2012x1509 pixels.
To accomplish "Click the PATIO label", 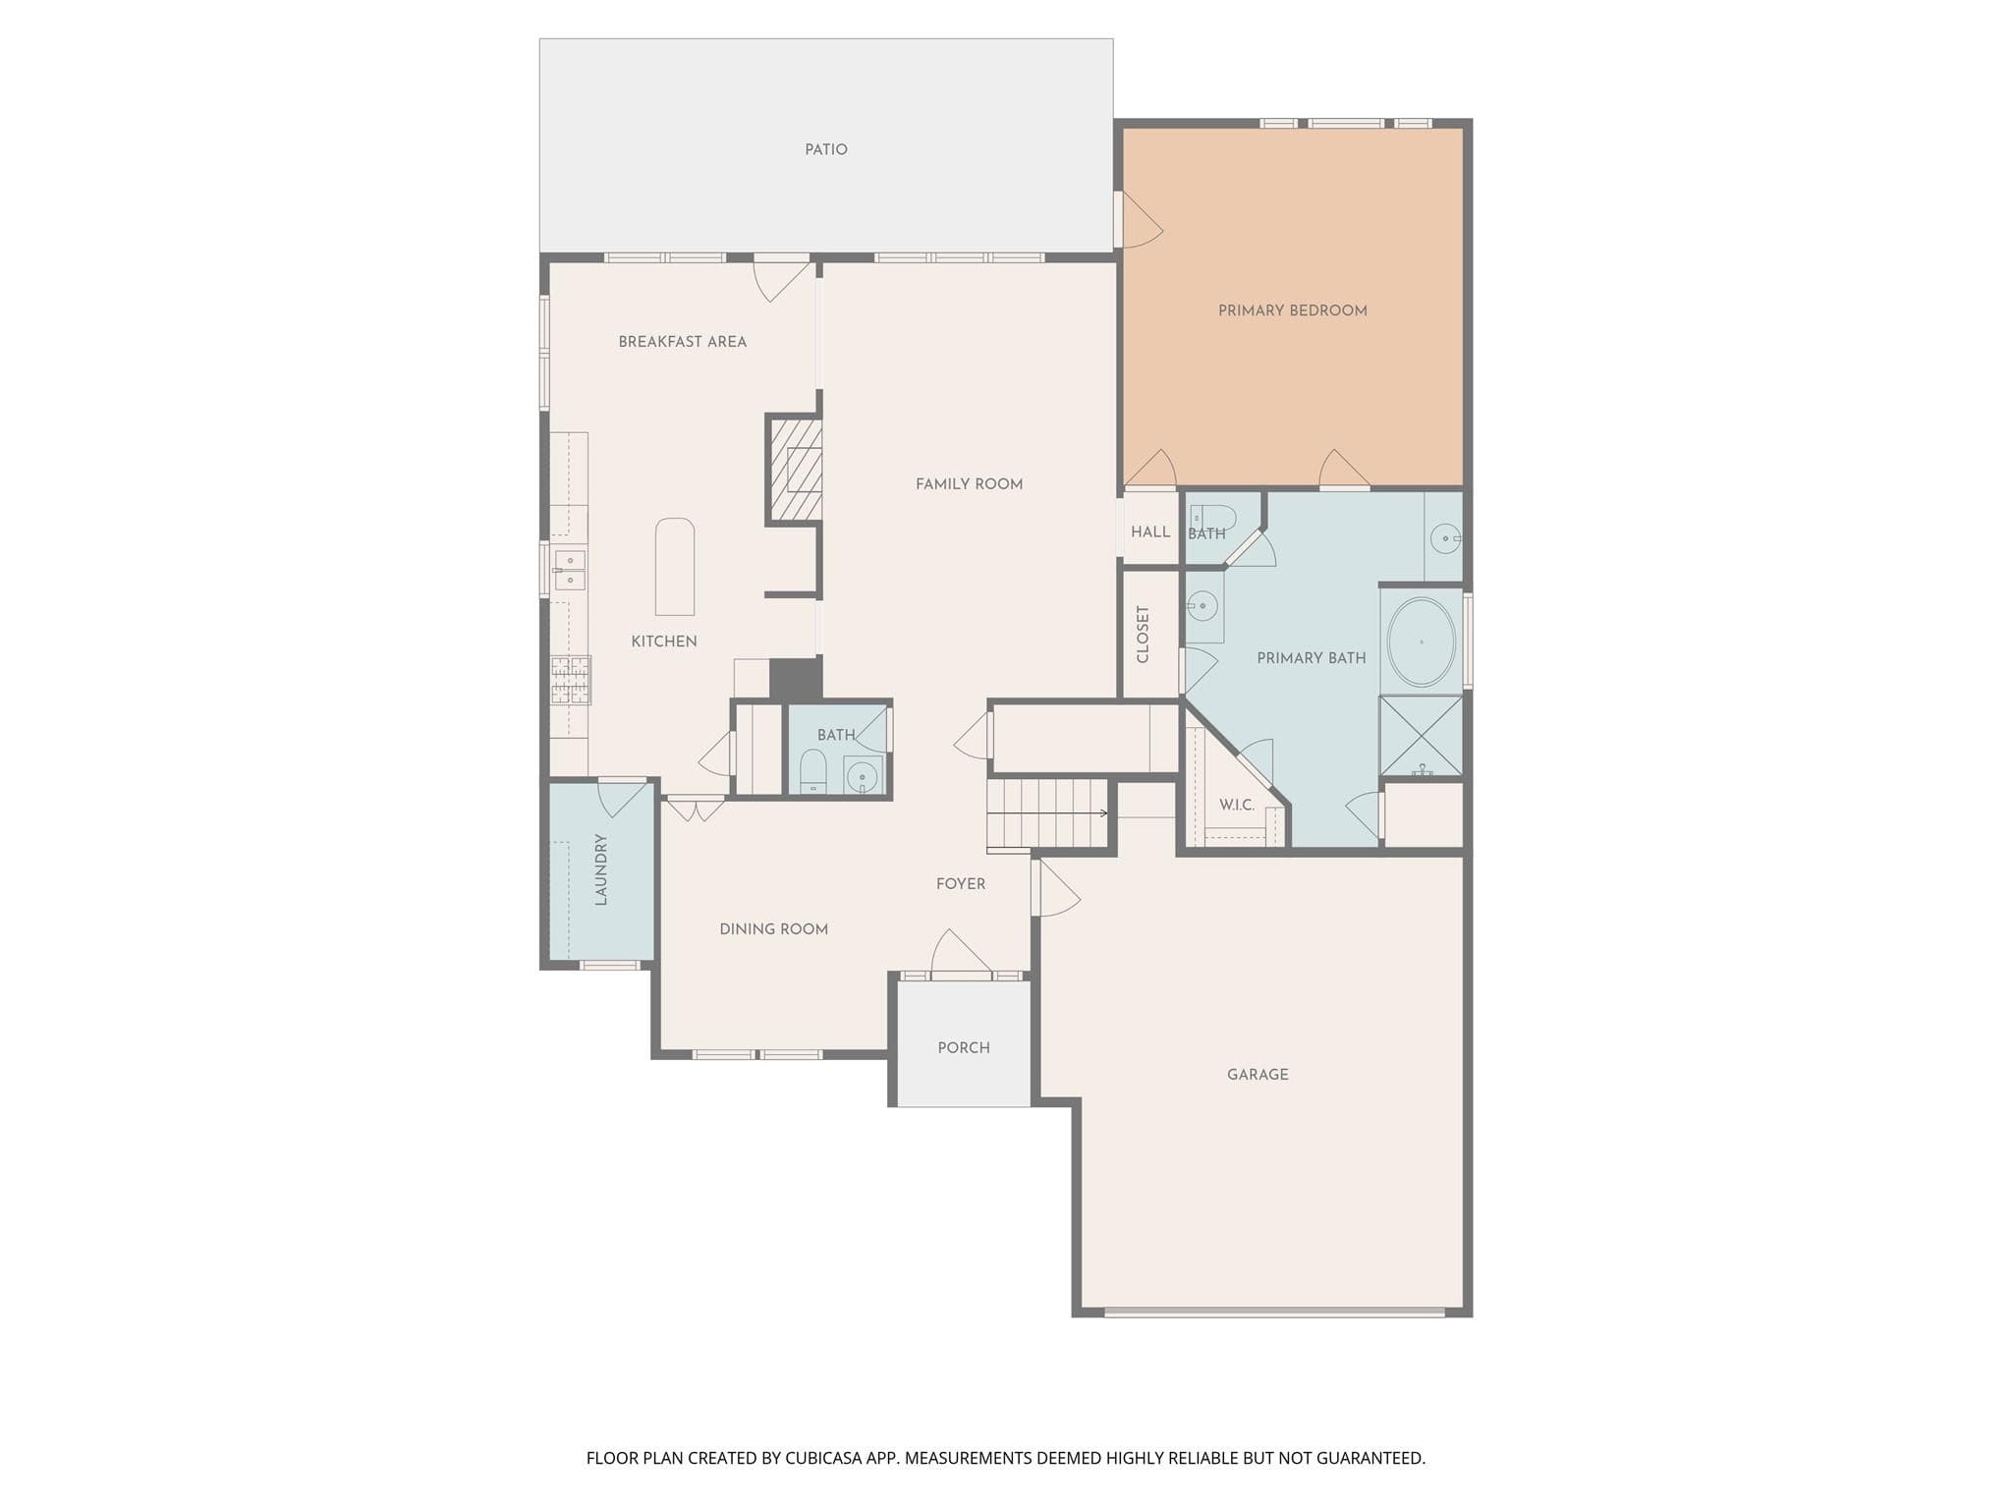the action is click(x=825, y=149).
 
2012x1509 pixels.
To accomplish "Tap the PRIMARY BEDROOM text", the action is click(x=1292, y=310).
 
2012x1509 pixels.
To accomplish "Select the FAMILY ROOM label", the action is click(x=969, y=483).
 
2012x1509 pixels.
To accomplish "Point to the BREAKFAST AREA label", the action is click(x=682, y=342).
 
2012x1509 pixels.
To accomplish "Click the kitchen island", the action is click(x=675, y=567).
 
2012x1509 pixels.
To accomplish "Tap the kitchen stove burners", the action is click(x=571, y=680).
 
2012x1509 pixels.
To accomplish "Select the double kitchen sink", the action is click(x=569, y=570).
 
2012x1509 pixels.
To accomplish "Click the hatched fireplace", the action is click(x=795, y=470).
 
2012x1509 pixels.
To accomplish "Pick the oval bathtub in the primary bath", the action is click(x=1421, y=642).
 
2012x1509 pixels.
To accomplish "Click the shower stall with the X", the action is click(x=1421, y=736).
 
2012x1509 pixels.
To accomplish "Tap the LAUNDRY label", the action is click(x=601, y=869).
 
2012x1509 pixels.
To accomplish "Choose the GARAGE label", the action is click(x=1257, y=1075).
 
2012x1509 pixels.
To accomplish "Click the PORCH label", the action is click(x=963, y=1048).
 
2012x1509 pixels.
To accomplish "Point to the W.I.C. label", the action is click(x=1237, y=805).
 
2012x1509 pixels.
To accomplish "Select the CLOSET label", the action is click(x=1143, y=635).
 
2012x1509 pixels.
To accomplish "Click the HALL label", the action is click(x=1150, y=532).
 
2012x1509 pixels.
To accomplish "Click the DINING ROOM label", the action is click(x=773, y=929).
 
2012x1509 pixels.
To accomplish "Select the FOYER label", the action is click(x=960, y=884).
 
